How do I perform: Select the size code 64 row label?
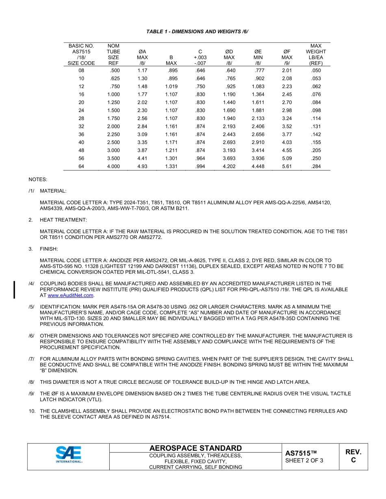(x=81, y=166)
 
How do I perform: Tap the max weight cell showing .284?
(x=315, y=166)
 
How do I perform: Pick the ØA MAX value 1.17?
(x=142, y=71)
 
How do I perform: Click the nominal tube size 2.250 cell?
(x=113, y=134)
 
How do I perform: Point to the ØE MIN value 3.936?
(x=258, y=158)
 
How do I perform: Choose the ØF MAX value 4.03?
(x=287, y=142)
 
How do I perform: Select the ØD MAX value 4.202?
(x=229, y=166)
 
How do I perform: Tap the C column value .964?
(x=200, y=158)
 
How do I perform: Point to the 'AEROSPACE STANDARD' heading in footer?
(x=195, y=448)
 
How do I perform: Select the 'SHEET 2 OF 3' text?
(x=304, y=460)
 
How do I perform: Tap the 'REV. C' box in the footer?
(x=353, y=456)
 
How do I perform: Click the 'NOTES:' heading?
(x=37, y=179)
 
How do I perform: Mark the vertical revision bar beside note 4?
(x=15, y=290)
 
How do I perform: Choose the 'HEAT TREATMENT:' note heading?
(x=63, y=219)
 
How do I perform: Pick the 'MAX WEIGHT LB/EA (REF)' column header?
(x=315, y=54)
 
